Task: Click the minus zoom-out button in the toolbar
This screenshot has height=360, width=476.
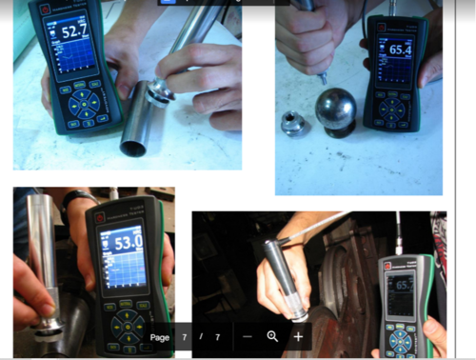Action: coord(248,337)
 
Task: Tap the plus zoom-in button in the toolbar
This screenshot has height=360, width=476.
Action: coord(298,337)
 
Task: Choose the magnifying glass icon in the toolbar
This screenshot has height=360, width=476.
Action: coord(273,337)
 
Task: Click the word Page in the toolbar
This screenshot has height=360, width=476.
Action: coord(160,337)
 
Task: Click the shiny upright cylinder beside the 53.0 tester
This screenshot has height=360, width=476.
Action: coord(42,257)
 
